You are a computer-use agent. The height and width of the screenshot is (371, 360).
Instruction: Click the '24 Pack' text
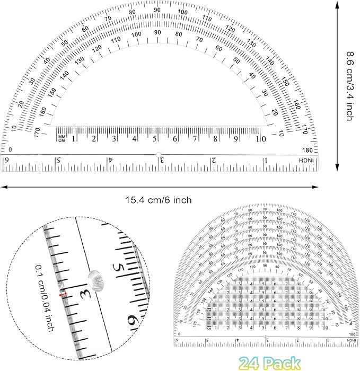[269, 363]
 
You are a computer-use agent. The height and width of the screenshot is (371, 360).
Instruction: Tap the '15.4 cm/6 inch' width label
[159, 200]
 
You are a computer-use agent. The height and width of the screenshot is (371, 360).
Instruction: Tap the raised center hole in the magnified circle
[96, 277]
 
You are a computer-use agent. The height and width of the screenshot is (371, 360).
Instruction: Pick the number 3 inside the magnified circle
[83, 293]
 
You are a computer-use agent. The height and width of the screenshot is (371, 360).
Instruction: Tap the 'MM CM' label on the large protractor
[61, 138]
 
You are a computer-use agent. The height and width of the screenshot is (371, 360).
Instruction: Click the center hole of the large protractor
[158, 155]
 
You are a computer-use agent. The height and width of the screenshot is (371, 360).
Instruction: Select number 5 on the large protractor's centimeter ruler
[155, 139]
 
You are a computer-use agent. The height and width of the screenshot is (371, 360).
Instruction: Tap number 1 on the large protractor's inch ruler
[266, 160]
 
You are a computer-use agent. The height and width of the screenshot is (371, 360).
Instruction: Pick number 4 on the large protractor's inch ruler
[110, 160]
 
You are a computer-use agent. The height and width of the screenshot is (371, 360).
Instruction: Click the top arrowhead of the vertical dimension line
[338, 4]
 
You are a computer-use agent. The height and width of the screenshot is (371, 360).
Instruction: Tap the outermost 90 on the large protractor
[157, 10]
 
